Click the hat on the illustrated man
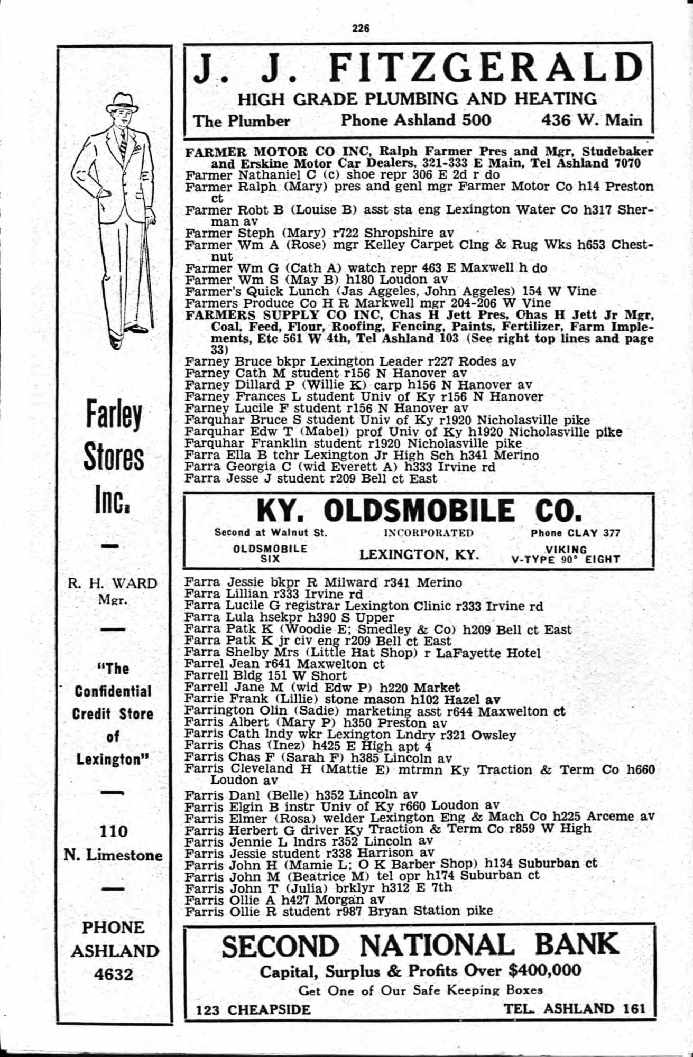pyautogui.click(x=122, y=101)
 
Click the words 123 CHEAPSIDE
pyautogui.click(x=253, y=1009)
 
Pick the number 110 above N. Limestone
pyautogui.click(x=114, y=831)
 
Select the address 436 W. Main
pyautogui.click(x=592, y=120)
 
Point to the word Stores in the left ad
pyautogui.click(x=114, y=459)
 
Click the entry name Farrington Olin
pyautogui.click(x=229, y=711)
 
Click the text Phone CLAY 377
pyautogui.click(x=575, y=533)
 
